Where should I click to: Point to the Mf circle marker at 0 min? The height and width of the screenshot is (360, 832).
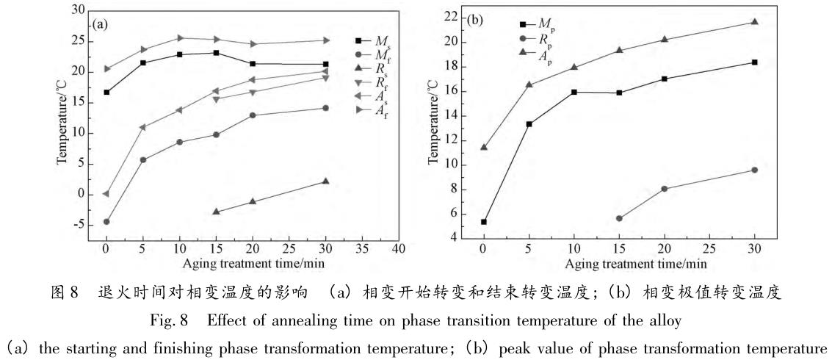(106, 222)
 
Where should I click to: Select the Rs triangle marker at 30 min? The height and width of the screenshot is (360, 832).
(325, 181)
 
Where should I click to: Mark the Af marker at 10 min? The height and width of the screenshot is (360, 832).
(179, 38)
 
